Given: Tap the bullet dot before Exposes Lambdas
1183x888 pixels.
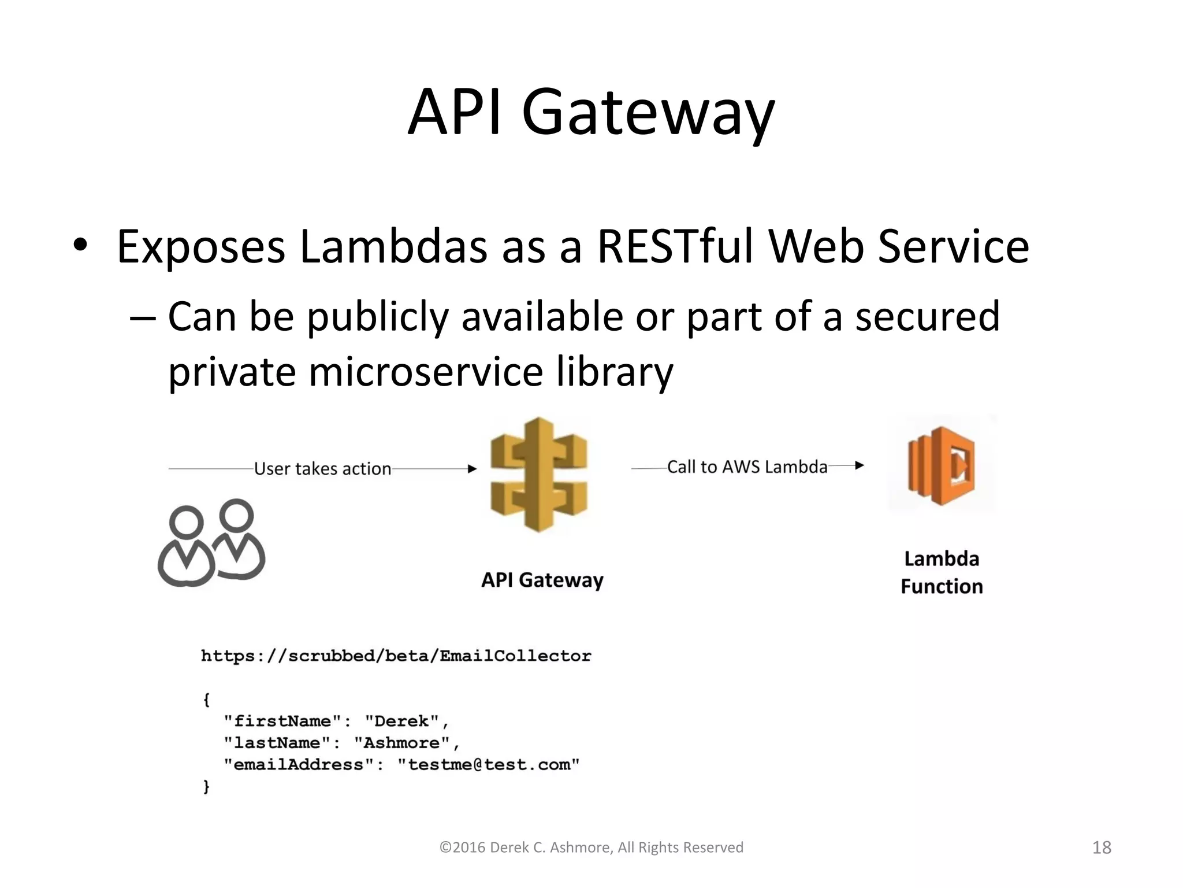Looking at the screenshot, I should pyautogui.click(x=80, y=245).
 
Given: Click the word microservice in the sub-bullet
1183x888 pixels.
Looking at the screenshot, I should pyautogui.click(x=426, y=371).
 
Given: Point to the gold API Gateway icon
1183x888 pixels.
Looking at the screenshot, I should pyautogui.click(x=538, y=474).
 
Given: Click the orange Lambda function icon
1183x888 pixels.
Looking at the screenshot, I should pyautogui.click(x=942, y=465).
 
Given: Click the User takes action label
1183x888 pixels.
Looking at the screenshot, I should pyautogui.click(x=322, y=468).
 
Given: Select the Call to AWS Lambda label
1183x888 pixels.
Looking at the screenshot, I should pyautogui.click(x=747, y=467).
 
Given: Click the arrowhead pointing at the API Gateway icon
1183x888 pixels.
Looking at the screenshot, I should pyautogui.click(x=472, y=469).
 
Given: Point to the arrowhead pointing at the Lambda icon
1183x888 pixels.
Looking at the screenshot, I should pyautogui.click(x=860, y=465).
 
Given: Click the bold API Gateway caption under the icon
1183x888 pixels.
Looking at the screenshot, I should pyautogui.click(x=542, y=580).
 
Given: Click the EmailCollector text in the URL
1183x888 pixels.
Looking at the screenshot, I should pyautogui.click(x=515, y=656).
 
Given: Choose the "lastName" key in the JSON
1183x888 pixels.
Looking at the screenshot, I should pyautogui.click(x=277, y=743).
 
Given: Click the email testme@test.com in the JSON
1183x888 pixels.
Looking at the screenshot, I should pyautogui.click(x=489, y=765).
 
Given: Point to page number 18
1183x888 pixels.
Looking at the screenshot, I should pyautogui.click(x=1102, y=848).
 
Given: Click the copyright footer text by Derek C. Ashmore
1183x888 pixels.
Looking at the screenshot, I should pyautogui.click(x=591, y=848).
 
